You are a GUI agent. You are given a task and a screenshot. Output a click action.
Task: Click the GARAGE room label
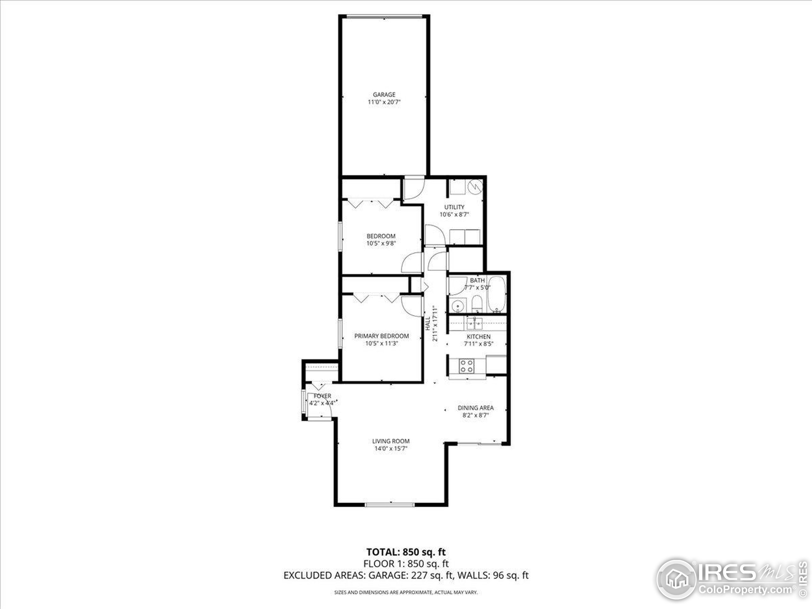[x=384, y=94]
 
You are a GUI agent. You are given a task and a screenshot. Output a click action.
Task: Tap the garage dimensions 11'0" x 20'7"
[x=384, y=102]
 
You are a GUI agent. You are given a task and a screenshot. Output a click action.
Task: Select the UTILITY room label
[x=454, y=207]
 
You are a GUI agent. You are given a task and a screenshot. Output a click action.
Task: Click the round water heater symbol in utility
[x=475, y=187]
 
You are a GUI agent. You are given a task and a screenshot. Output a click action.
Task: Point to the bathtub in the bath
[x=497, y=295]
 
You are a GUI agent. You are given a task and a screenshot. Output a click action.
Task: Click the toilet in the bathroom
[x=477, y=304]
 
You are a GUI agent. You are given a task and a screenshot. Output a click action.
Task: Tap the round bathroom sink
[x=457, y=305]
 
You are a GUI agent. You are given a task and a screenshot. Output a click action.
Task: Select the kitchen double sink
[x=474, y=324]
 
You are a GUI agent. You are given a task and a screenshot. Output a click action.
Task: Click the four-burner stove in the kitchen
[x=467, y=366]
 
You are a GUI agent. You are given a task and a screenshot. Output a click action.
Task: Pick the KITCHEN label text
[x=478, y=337]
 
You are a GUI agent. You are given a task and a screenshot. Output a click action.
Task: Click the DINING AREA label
[x=475, y=408]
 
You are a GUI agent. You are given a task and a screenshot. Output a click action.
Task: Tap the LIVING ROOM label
[x=390, y=441]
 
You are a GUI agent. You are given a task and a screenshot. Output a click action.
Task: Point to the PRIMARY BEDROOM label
[x=381, y=336]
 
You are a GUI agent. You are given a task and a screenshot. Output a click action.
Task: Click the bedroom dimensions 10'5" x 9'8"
[x=381, y=243]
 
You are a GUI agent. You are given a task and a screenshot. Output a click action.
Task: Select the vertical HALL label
[x=428, y=324]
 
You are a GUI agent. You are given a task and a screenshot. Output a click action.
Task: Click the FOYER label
[x=322, y=396]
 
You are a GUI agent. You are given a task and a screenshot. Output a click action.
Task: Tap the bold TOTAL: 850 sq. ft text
[x=406, y=552]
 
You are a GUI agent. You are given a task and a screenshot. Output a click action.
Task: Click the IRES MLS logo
[x=730, y=580]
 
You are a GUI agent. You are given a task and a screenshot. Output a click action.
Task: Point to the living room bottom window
[x=390, y=505]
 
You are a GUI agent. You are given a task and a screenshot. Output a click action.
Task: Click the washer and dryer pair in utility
[x=465, y=237]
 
